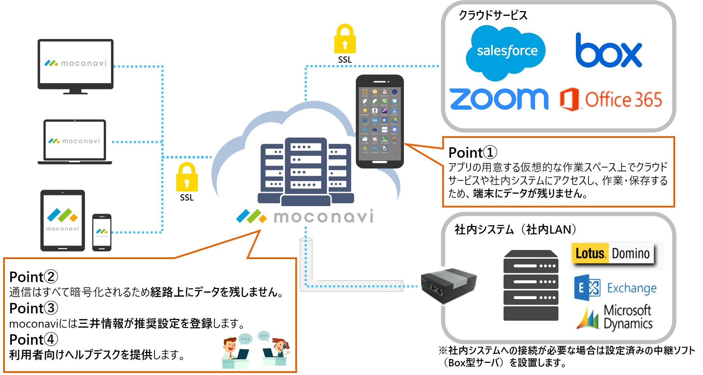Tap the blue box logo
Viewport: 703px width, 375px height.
[x=608, y=52]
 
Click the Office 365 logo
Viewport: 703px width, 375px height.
[x=611, y=100]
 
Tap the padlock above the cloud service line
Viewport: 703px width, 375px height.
[x=345, y=39]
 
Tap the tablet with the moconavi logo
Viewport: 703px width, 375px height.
[x=63, y=220]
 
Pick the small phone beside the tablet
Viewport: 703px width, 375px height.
[x=102, y=232]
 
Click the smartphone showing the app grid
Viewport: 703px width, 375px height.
[x=380, y=122]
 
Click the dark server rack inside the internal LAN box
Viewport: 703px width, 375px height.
[x=531, y=285]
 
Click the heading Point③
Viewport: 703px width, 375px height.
[x=33, y=308]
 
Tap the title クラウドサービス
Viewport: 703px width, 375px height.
[x=493, y=15]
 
